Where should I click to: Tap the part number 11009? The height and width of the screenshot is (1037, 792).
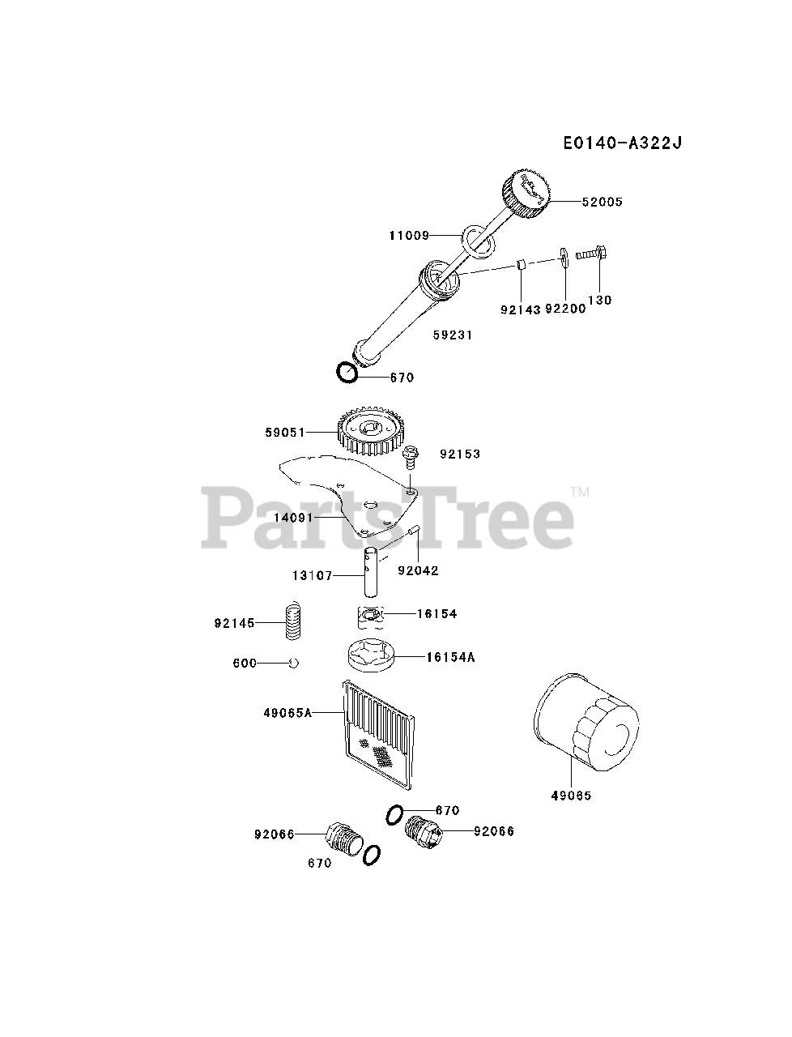pyautogui.click(x=408, y=236)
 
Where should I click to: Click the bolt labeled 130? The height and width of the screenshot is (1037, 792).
pyautogui.click(x=592, y=254)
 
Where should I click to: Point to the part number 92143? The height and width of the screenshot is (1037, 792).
pyautogui.click(x=521, y=308)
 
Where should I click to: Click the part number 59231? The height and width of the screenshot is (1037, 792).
pyautogui.click(x=452, y=335)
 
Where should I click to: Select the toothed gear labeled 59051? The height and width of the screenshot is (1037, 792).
pyautogui.click(x=369, y=432)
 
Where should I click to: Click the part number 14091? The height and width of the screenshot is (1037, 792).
pyautogui.click(x=292, y=515)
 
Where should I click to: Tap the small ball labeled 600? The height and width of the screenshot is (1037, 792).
pyautogui.click(x=294, y=663)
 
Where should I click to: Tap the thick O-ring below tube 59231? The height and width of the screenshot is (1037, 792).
pyautogui.click(x=348, y=373)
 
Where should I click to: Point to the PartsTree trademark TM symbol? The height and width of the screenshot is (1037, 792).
pyautogui.click(x=579, y=492)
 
